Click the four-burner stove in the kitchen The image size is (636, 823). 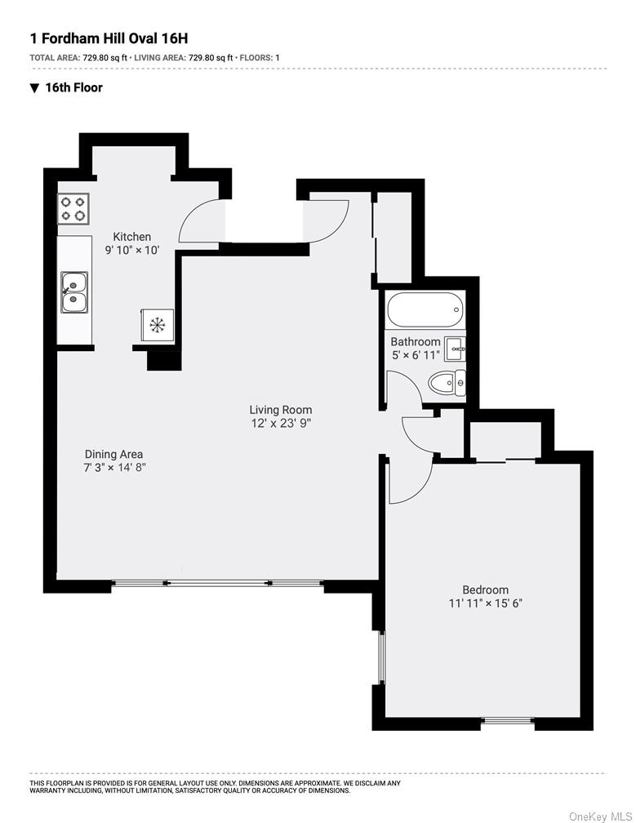click(73, 209)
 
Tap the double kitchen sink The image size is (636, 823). click(74, 291)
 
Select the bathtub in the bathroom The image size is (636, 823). click(425, 309)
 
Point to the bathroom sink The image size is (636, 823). click(455, 349)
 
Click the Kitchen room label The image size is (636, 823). click(131, 237)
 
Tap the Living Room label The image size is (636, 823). click(280, 410)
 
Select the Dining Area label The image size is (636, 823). click(113, 455)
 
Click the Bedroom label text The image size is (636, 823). click(486, 590)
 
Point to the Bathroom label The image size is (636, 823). click(416, 341)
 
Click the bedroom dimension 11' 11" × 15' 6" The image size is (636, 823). click(486, 603)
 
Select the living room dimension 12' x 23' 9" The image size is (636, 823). click(282, 424)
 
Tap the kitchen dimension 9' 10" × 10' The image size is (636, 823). click(132, 251)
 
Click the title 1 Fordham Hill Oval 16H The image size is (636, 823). click(109, 38)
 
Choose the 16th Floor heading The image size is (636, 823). click(74, 87)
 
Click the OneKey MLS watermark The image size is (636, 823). click(601, 816)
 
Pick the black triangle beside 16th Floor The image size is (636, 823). click(34, 88)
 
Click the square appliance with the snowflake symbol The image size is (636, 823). click(157, 326)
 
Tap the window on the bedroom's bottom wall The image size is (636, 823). click(508, 721)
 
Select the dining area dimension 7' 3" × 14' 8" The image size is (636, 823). click(114, 468)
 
